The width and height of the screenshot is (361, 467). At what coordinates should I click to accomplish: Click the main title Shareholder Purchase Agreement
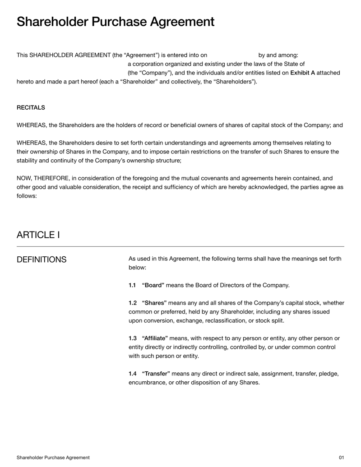[116, 22]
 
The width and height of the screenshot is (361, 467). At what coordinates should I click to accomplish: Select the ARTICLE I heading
[38, 235]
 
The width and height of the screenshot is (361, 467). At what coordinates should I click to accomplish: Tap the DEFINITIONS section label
[42, 259]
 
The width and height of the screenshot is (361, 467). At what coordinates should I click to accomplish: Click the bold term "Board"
[153, 285]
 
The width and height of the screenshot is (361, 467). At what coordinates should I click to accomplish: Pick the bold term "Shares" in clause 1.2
[154, 302]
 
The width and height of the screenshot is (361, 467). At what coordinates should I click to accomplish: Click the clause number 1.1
[132, 285]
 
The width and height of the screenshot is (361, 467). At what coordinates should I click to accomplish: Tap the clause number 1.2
[132, 302]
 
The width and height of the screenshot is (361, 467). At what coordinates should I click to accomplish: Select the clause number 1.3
[132, 338]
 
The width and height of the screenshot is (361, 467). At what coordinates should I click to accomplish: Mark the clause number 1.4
[132, 374]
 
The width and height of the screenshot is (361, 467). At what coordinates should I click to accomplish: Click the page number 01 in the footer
[341, 458]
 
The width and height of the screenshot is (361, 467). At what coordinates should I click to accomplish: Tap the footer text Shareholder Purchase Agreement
[53, 458]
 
